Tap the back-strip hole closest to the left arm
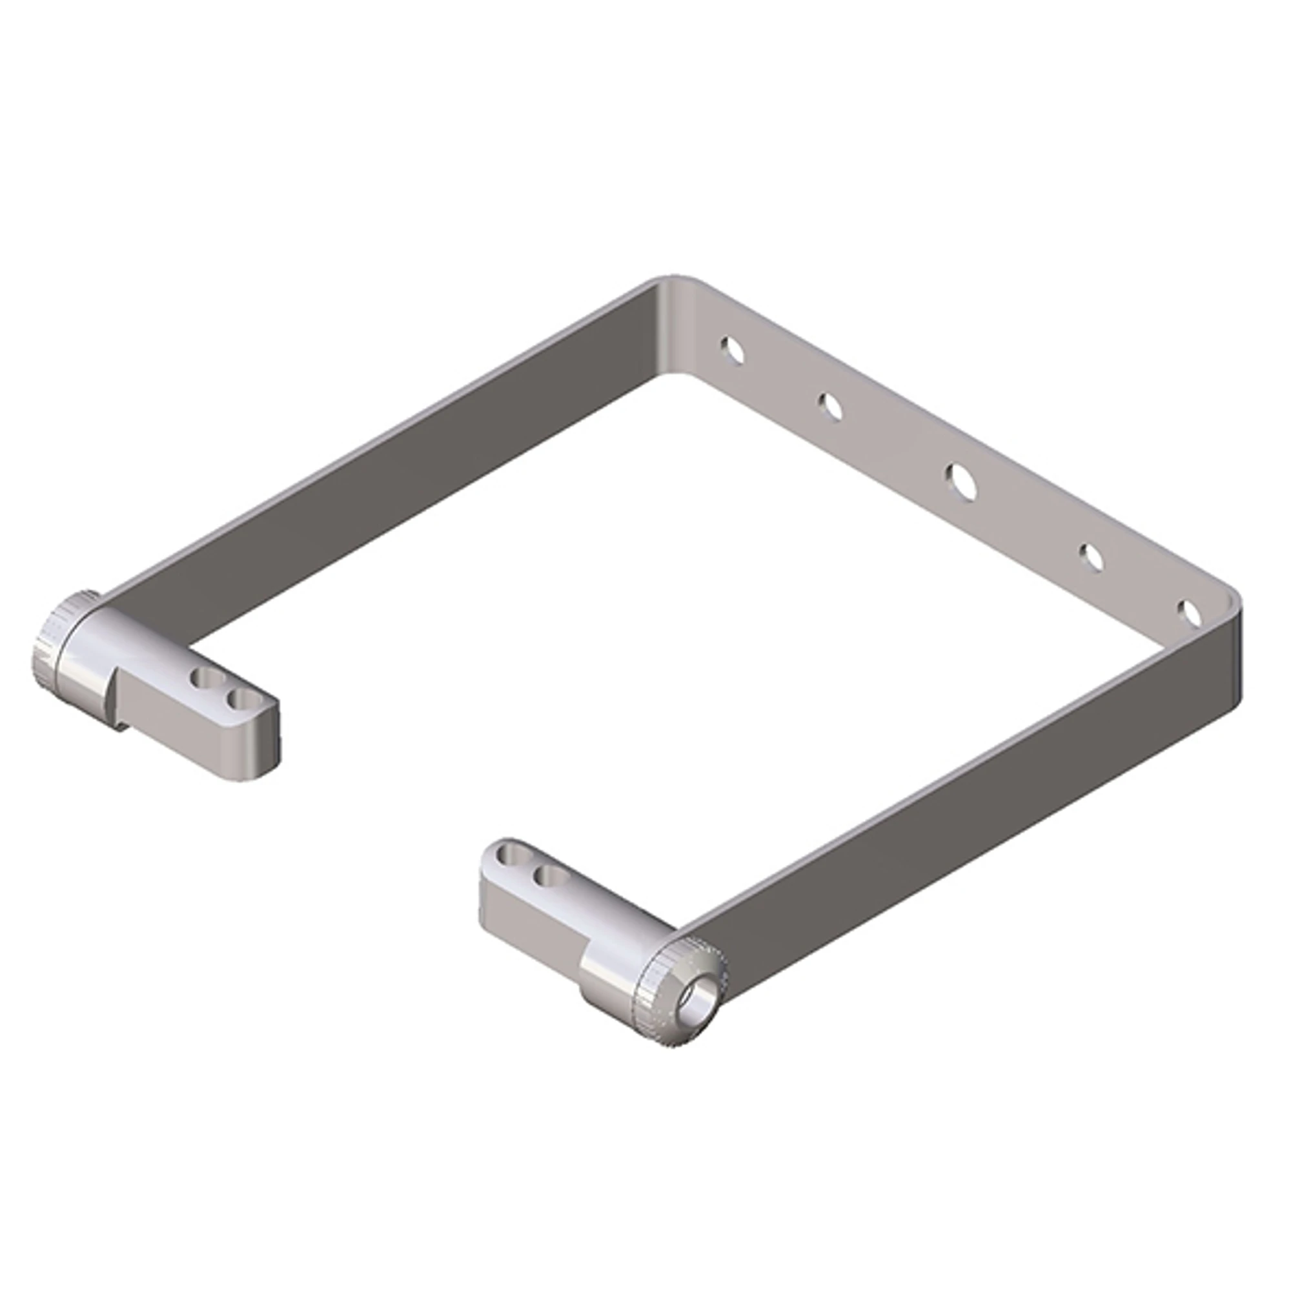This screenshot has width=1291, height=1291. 733,350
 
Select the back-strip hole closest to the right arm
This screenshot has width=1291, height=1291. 1191,613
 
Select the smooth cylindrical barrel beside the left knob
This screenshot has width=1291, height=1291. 90,662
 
